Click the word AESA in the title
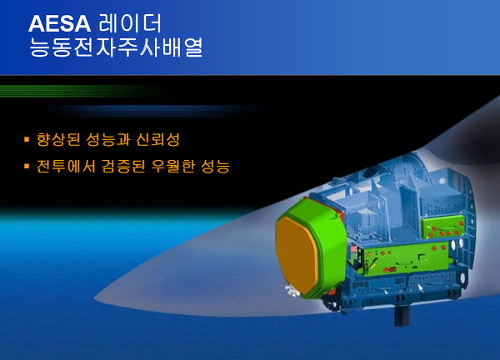pos(60,23)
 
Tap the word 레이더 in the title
pos(131,23)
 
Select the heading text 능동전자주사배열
pos(116,47)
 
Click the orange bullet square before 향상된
pos(27,139)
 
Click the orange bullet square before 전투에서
pos(27,166)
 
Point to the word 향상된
pos(58,139)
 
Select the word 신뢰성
pos(158,139)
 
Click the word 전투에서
pos(66,166)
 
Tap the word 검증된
pos(123,166)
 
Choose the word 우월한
pos(172,166)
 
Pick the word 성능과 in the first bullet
pos(108,139)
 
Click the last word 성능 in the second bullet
pos(215,166)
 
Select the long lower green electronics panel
pos(406,257)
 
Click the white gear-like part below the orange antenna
pos(292,291)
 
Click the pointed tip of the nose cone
pos(94,299)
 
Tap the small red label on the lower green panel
pos(390,270)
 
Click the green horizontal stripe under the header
pos(80,91)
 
